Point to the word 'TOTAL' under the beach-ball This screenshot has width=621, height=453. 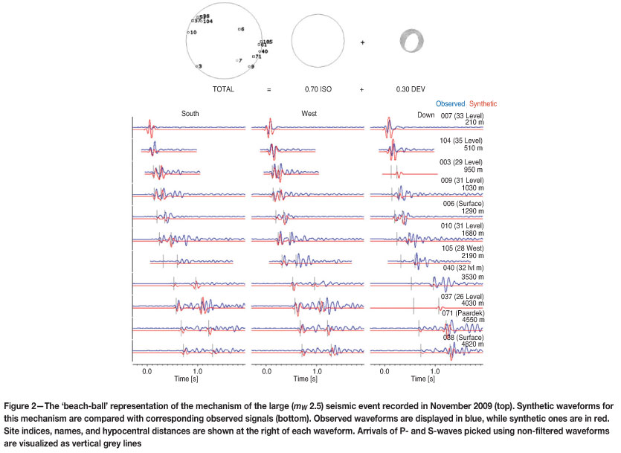(x=223, y=89)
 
